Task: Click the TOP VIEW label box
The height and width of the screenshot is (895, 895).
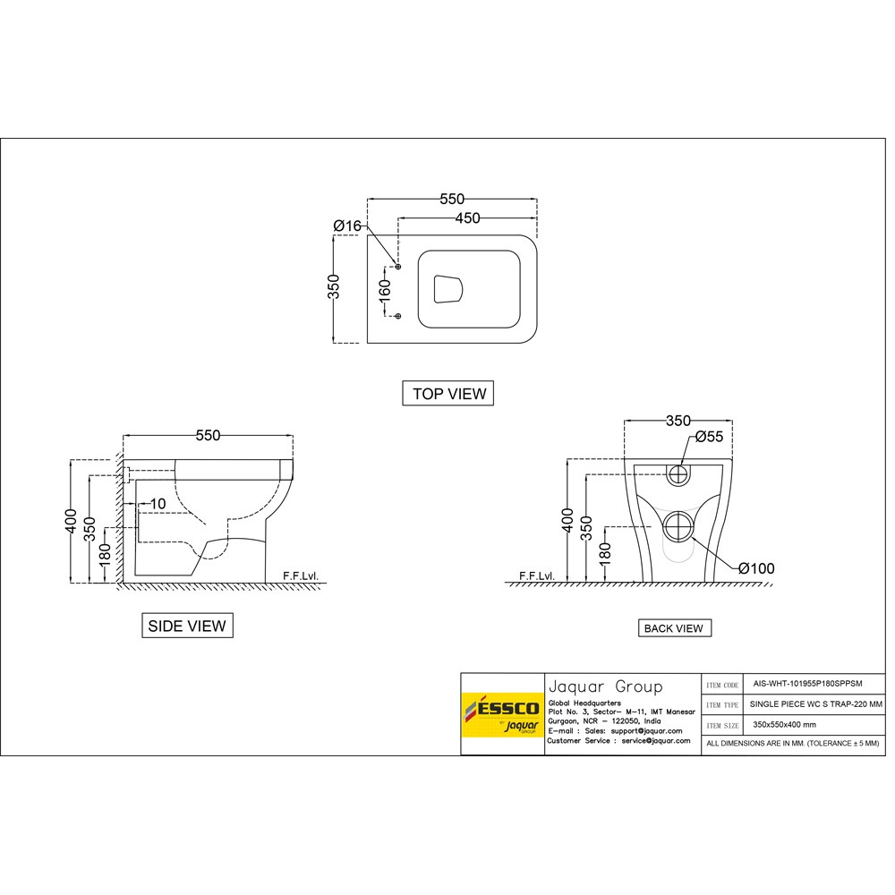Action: click(448, 393)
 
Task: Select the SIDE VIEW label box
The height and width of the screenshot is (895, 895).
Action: click(187, 626)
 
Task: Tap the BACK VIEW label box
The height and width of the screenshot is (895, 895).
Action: click(673, 628)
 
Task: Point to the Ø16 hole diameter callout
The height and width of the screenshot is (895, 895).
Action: click(346, 226)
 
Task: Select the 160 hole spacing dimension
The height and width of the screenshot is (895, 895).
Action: click(384, 290)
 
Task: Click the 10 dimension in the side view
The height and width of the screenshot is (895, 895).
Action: click(157, 504)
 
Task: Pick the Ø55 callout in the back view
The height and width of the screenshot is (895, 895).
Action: click(709, 438)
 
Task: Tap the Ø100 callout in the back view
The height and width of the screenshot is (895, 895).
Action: click(757, 568)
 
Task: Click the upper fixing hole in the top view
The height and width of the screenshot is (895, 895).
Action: click(398, 267)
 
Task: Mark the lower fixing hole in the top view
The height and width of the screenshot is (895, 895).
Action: click(398, 316)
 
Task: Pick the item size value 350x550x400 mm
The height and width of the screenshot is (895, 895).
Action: click(784, 724)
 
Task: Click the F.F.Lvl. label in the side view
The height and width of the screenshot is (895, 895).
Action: click(300, 575)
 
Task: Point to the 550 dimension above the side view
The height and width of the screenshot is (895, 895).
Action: click(208, 435)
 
